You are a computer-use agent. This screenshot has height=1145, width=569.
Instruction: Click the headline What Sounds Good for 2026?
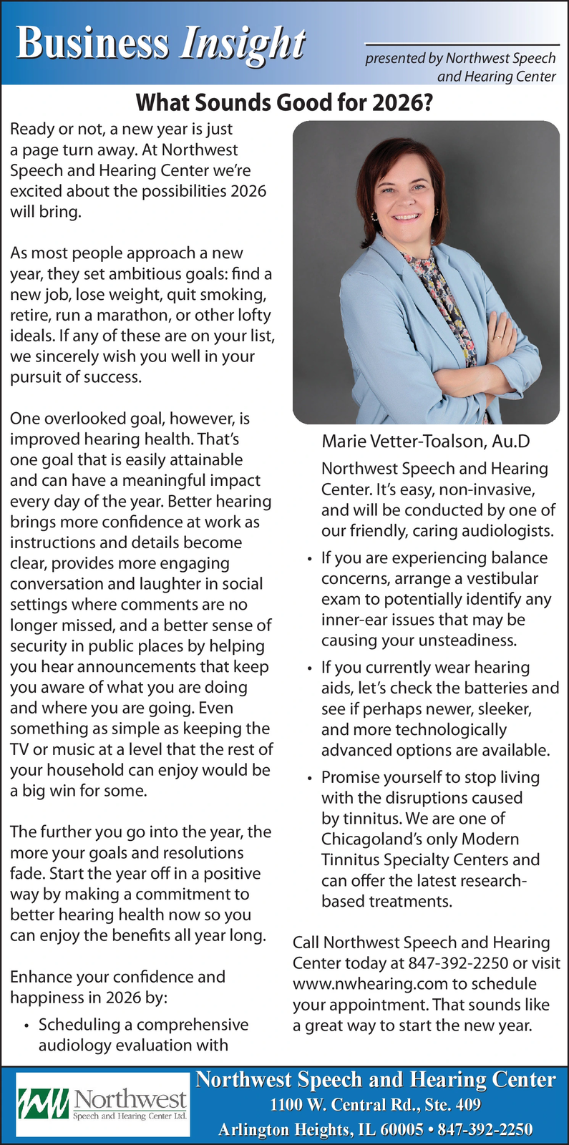tap(284, 104)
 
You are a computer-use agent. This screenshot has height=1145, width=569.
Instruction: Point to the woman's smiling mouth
tap(406, 215)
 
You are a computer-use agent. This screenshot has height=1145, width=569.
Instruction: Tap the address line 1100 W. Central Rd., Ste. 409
tap(375, 1104)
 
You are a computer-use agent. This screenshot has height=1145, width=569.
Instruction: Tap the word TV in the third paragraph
tap(19, 749)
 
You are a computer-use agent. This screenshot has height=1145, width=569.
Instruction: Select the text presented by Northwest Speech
tap(460, 58)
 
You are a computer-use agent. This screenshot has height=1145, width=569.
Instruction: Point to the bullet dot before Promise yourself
tap(309, 779)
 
